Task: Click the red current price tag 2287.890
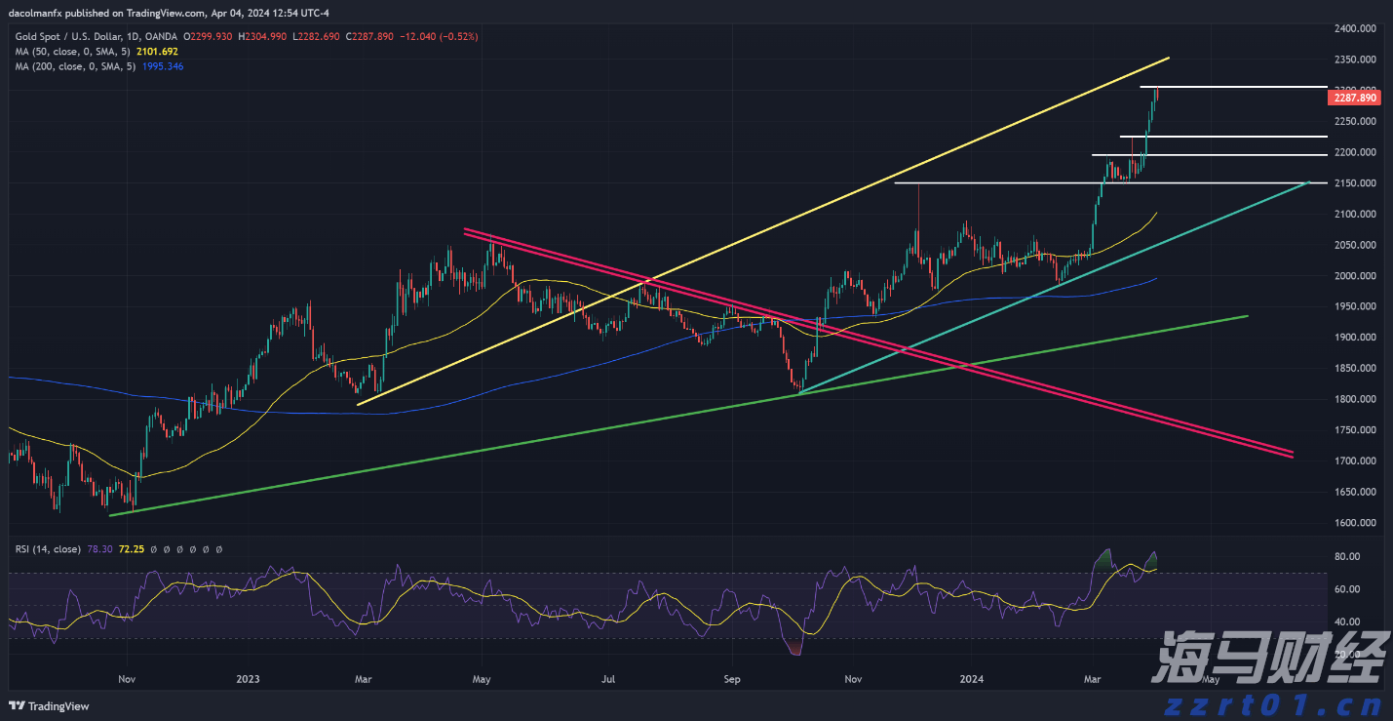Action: [1355, 98]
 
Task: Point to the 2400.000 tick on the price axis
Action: [1355, 29]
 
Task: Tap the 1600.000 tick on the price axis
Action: [1355, 523]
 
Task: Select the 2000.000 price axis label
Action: [1355, 276]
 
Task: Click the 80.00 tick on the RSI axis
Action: [1348, 557]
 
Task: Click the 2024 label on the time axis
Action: [972, 678]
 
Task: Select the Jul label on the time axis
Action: [609, 678]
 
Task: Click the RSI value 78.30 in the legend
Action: [99, 550]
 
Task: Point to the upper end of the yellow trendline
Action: [1168, 59]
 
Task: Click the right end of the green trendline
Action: [1247, 316]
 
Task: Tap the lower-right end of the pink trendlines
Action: [1292, 454]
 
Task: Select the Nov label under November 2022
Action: [126, 678]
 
